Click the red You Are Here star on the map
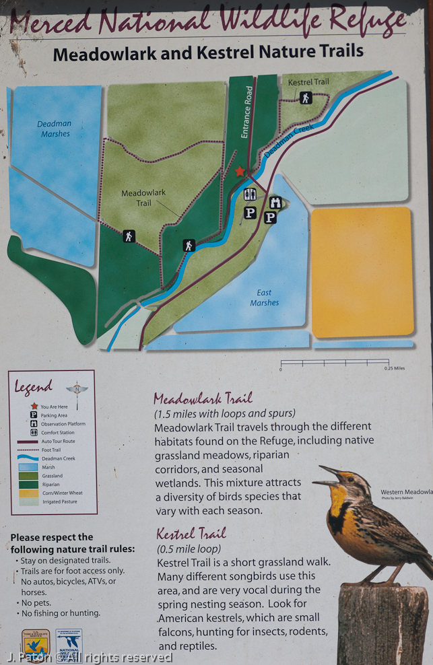(x=240, y=172)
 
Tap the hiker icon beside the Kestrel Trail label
(x=306, y=98)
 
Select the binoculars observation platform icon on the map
(x=275, y=202)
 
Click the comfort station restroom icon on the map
(x=250, y=195)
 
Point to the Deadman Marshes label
(x=54, y=129)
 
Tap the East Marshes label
(x=265, y=297)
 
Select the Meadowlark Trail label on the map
(x=143, y=197)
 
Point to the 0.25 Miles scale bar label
(x=394, y=369)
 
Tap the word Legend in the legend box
(x=34, y=387)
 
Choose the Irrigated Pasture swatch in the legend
(x=30, y=501)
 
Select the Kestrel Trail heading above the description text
(x=191, y=534)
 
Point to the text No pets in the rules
(x=36, y=603)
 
